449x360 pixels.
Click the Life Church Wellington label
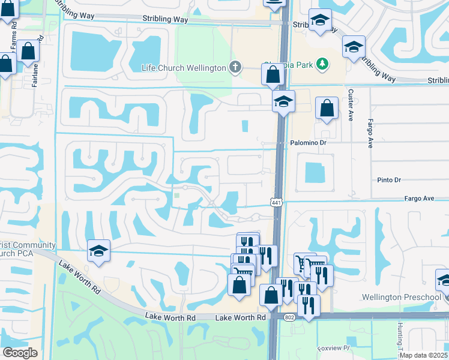point(184,67)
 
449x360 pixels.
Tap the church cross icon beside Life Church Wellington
point(236,67)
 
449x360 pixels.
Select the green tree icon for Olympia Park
point(322,63)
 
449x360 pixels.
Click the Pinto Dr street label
point(389,180)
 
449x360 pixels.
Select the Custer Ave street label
point(350,106)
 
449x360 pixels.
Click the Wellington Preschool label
point(402,297)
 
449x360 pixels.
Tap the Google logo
point(20,352)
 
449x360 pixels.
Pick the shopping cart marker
point(302,264)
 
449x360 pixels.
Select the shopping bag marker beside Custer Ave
point(326,109)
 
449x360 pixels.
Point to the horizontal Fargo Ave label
point(418,198)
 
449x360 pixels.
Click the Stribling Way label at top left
point(165,20)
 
